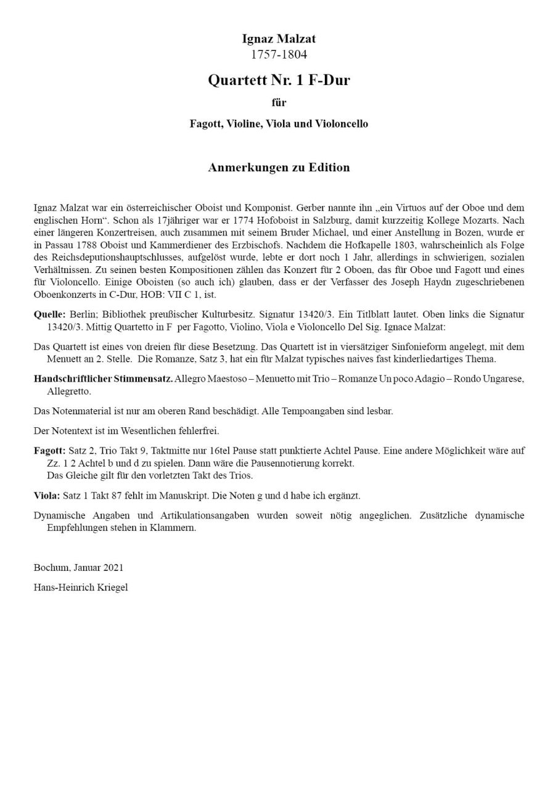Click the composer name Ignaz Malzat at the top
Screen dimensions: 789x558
(x=279, y=39)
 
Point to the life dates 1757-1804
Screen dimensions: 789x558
(x=279, y=54)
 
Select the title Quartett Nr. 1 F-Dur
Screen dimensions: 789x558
(x=279, y=80)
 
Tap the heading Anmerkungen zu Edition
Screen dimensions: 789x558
(x=279, y=168)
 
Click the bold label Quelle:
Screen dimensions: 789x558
(x=50, y=314)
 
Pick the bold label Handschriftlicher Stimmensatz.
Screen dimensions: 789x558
(x=103, y=378)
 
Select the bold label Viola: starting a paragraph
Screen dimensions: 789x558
(x=47, y=495)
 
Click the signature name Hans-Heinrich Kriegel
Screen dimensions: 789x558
(x=81, y=587)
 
